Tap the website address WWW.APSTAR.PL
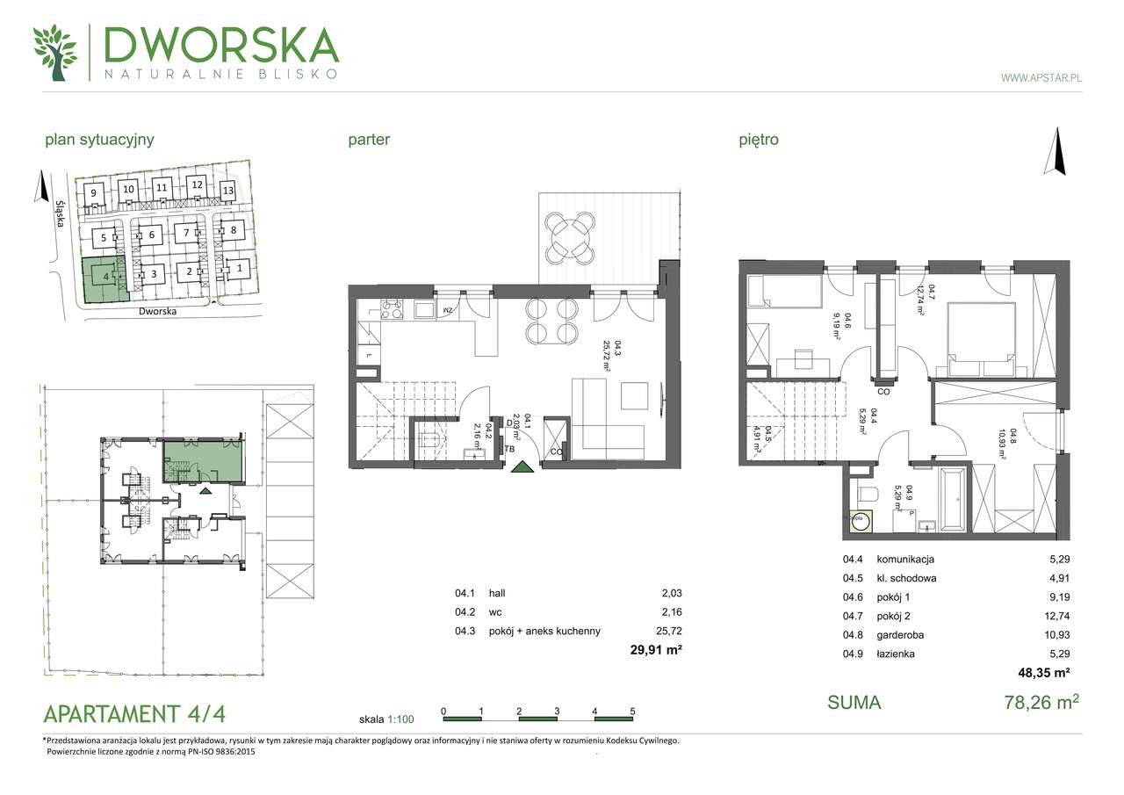(1041, 78)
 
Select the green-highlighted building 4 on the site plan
(104, 278)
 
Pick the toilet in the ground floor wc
(429, 439)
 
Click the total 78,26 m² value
(1041, 702)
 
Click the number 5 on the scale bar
(631, 711)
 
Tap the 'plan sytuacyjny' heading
(99, 139)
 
